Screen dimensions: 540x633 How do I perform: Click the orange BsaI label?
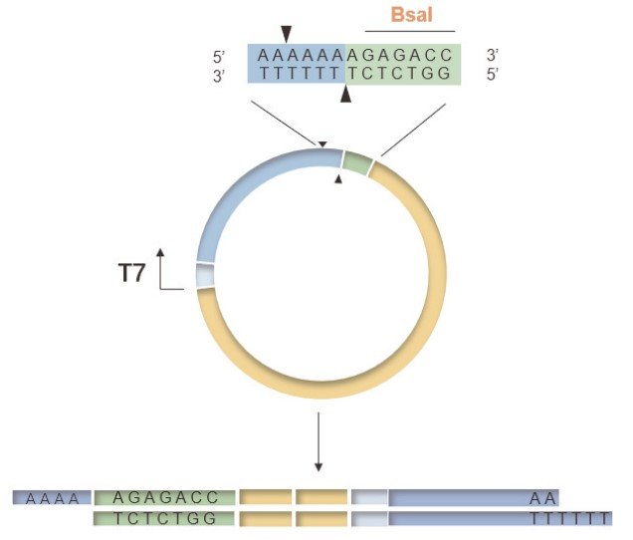[x=411, y=17]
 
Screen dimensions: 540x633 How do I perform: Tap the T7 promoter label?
[x=132, y=272]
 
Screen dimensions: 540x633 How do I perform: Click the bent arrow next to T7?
[x=165, y=267]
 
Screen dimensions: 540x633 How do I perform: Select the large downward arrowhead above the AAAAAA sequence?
[x=287, y=34]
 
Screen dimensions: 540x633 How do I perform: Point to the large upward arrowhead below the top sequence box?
[x=346, y=95]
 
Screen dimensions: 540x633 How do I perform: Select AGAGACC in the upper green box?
[x=402, y=56]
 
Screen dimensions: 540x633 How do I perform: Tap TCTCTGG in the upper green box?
[x=402, y=74]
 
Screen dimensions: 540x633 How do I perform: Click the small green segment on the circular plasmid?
[x=357, y=161]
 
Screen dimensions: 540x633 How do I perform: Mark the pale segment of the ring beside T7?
[x=205, y=275]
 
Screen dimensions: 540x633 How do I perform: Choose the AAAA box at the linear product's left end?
[x=52, y=497]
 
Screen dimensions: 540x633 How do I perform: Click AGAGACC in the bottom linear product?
[x=165, y=497]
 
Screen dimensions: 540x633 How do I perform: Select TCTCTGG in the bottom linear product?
[x=165, y=518]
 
